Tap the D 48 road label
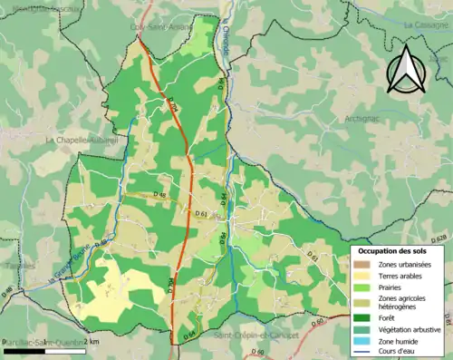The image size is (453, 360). coord(161,194)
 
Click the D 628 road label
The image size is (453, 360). coord(439,238)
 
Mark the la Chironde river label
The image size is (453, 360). coord(226,41)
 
